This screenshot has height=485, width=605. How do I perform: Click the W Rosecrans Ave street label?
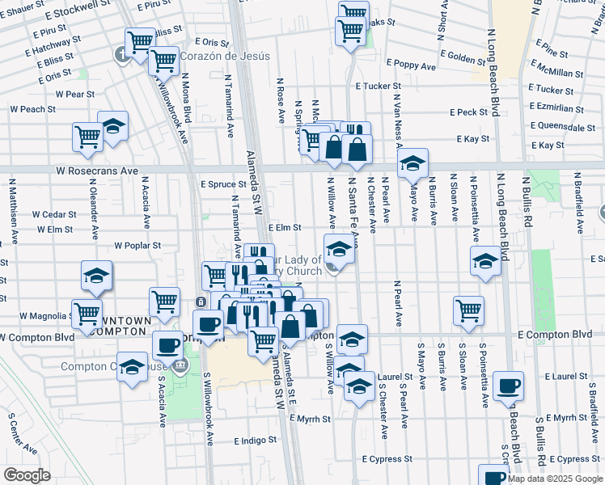click(96, 171)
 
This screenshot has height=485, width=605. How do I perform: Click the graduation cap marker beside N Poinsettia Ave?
click(485, 261)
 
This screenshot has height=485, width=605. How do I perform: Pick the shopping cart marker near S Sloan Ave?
click(469, 310)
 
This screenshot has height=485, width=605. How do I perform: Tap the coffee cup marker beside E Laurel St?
click(509, 386)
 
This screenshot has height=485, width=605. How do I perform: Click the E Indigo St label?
click(256, 441)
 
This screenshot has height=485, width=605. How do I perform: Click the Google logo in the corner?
click(27, 475)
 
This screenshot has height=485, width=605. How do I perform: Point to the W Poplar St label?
click(137, 245)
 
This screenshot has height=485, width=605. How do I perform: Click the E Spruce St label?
click(222, 184)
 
